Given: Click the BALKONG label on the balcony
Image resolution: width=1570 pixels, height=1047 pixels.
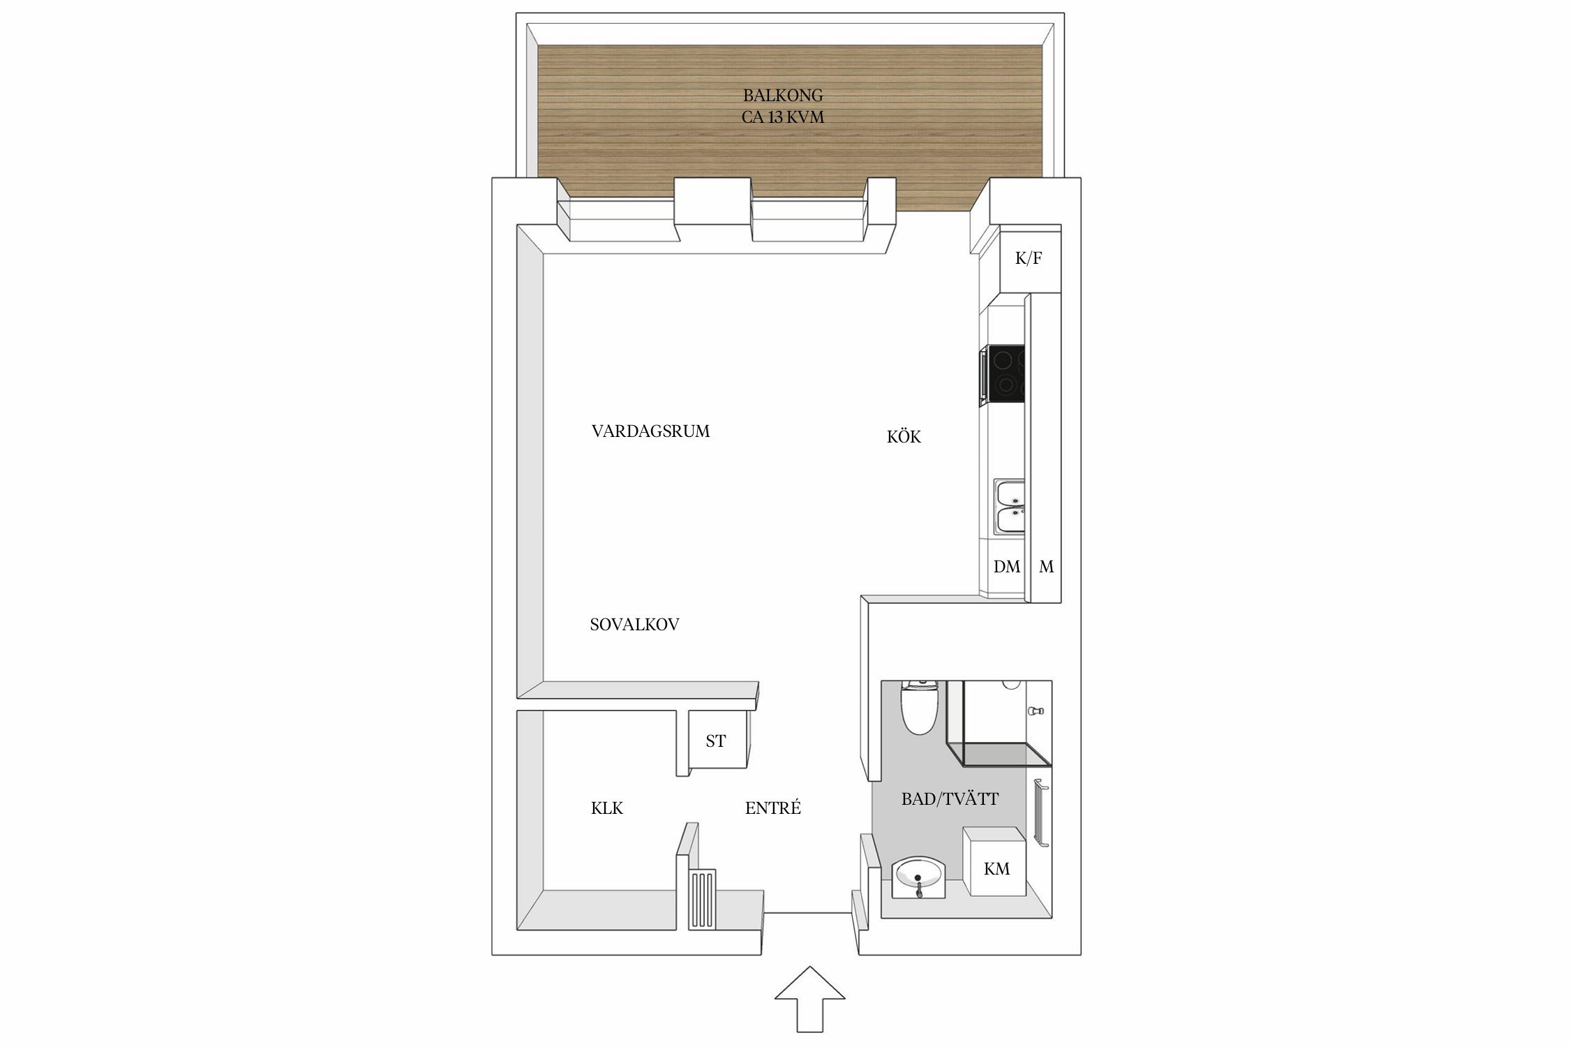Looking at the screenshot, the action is (783, 95).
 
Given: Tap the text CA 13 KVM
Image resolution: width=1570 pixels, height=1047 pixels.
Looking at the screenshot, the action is (783, 117).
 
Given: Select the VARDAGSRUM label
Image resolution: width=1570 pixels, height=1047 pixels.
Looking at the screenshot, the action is (650, 431).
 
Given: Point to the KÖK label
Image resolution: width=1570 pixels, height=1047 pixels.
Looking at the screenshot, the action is (904, 436).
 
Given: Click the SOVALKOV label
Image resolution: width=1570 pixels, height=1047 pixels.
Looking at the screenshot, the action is (634, 625).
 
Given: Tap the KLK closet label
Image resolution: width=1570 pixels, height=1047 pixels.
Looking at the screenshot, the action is (606, 808).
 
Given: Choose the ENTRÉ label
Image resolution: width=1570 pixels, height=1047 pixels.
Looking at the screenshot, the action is (772, 808).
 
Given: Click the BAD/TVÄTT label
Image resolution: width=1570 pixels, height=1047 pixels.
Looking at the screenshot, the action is (950, 799).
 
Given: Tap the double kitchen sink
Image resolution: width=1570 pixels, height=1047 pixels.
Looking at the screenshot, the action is (1009, 507).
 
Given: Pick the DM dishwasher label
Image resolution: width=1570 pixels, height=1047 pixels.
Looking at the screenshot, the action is (1007, 567).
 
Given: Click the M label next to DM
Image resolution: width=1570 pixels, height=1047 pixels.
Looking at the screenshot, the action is (1046, 567).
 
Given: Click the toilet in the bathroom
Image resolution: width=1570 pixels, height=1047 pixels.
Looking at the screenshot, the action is (918, 708).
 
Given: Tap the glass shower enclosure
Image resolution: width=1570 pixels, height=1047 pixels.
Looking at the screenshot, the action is (999, 722).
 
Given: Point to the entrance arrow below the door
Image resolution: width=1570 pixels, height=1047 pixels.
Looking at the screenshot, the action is (809, 999).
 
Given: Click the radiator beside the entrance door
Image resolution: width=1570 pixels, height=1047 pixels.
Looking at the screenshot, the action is (703, 899).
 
